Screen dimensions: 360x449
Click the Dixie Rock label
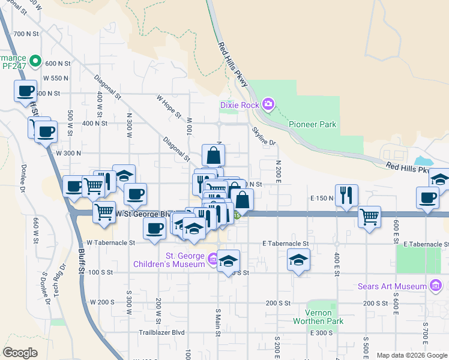[240, 105]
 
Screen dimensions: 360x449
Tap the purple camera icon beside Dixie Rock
[268, 105]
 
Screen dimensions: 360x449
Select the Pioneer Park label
[312, 125]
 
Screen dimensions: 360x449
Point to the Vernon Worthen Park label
[318, 317]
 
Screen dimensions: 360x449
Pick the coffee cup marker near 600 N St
[26, 91]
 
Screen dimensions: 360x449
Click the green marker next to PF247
[35, 60]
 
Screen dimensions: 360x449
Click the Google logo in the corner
[20, 353]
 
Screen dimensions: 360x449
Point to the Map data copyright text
[412, 355]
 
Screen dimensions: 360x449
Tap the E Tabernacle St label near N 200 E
[285, 244]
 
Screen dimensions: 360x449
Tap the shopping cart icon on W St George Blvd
[104, 211]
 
